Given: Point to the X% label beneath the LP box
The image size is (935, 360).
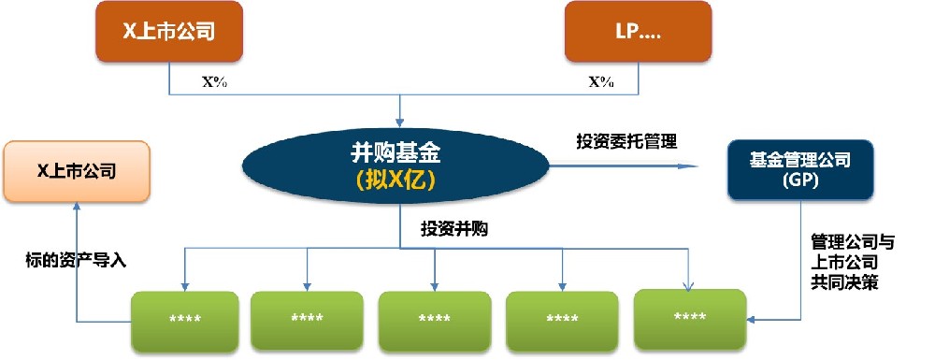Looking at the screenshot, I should tap(600, 81).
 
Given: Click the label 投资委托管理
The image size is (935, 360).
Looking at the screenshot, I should tap(626, 142).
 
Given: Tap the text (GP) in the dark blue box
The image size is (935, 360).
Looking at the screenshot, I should tap(802, 181).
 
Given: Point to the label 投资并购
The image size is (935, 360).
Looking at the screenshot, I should tap(454, 229).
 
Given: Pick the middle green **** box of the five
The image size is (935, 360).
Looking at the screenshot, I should tap(434, 320).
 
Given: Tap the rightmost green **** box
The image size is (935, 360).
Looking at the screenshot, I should tap(690, 317).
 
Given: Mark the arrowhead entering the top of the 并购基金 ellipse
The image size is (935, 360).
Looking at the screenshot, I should tap(400, 122).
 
